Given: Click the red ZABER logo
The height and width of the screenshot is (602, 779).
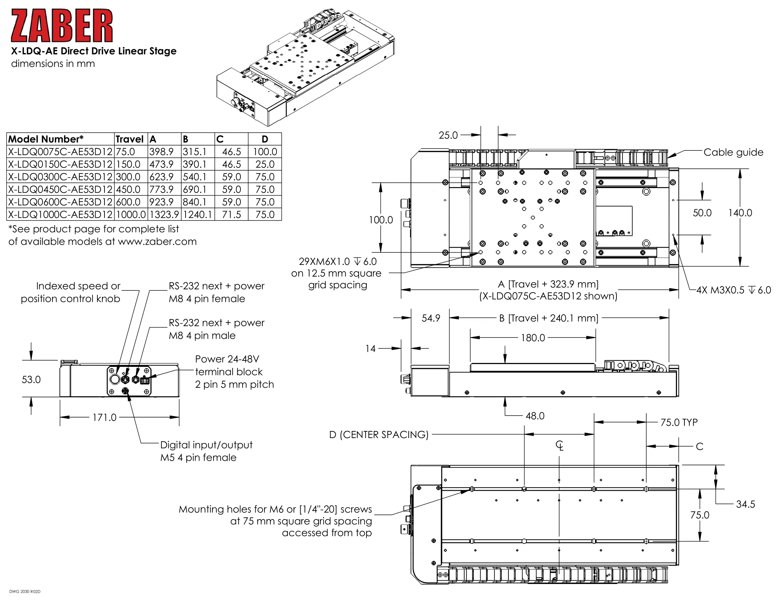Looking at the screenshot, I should pyautogui.click(x=62, y=26).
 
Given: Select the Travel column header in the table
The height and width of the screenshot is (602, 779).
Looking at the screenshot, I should pyautogui.click(x=129, y=139).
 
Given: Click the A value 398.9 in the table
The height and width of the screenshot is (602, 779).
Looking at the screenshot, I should pyautogui.click(x=161, y=152).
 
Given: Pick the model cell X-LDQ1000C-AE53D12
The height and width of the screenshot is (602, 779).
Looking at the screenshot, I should pyautogui.click(x=60, y=215).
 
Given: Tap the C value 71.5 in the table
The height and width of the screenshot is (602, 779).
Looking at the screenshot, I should pyautogui.click(x=232, y=215).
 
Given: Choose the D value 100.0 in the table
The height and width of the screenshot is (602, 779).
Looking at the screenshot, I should pyautogui.click(x=265, y=152).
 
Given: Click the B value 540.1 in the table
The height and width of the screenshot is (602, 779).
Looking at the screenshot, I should pyautogui.click(x=194, y=177).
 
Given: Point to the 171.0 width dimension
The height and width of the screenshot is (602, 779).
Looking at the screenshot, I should pyautogui.click(x=104, y=417).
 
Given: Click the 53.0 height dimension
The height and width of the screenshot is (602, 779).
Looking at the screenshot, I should pyautogui.click(x=31, y=380).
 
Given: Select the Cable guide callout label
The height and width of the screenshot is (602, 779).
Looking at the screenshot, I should pyautogui.click(x=733, y=152).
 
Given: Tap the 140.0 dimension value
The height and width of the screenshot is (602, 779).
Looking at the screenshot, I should pyautogui.click(x=740, y=213).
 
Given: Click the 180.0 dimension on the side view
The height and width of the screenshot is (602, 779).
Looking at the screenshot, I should pyautogui.click(x=533, y=338).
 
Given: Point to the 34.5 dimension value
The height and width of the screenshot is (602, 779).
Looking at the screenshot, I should pyautogui.click(x=745, y=504).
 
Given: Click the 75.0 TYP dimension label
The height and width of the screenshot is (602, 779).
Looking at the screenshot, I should pyautogui.click(x=679, y=422).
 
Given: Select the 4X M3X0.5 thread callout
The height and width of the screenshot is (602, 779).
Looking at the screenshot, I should pyautogui.click(x=734, y=290).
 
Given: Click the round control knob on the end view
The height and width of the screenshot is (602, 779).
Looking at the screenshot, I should pyautogui.click(x=115, y=379).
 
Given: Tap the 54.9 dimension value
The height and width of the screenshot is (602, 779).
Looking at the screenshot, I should pyautogui.click(x=431, y=318).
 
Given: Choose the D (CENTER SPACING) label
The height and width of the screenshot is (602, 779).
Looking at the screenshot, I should pyautogui.click(x=379, y=435).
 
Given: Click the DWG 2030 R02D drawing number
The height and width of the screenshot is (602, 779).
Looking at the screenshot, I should pyautogui.click(x=25, y=592).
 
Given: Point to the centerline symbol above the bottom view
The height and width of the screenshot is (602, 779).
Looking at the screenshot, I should pyautogui.click(x=559, y=445).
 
